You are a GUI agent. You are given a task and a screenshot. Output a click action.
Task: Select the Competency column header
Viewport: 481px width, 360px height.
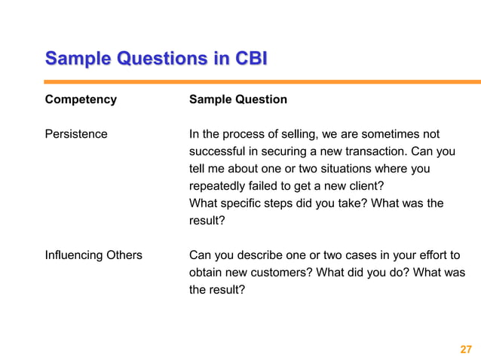coord(81,99)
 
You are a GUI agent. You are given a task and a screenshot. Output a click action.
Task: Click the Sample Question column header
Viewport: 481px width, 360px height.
coord(237,99)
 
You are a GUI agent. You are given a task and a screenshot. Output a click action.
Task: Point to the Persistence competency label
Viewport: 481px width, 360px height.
coord(76,134)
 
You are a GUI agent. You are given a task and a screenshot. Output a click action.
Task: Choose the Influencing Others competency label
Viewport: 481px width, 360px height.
coord(93,255)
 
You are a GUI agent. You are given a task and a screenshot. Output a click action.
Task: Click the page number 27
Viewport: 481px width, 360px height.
coord(465,349)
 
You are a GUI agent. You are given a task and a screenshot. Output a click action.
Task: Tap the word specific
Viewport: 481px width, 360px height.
coord(240,203)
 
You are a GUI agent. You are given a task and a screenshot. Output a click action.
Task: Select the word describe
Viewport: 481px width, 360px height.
coord(259,255)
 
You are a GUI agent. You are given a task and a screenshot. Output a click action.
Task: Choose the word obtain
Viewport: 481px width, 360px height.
coord(207,273)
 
